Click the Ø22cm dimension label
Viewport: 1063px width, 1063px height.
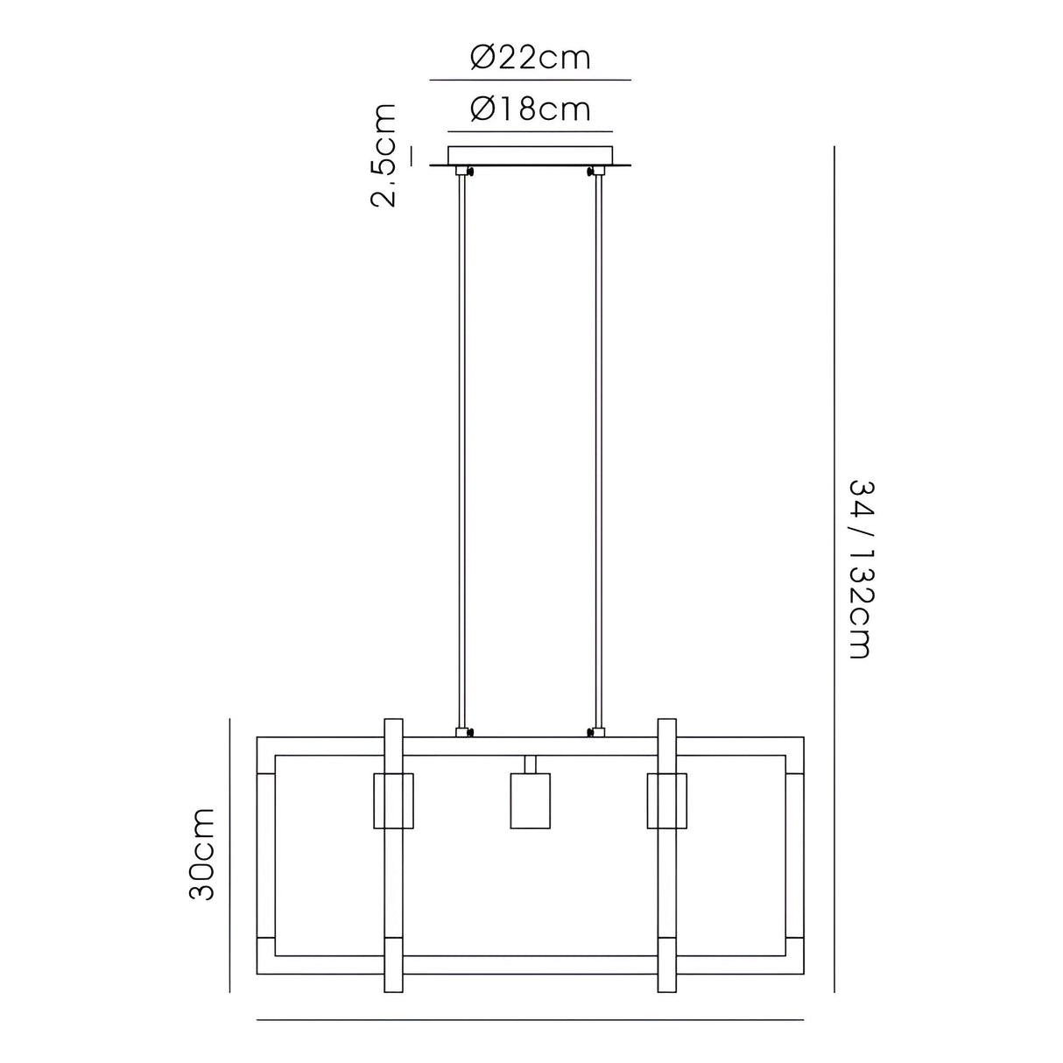[x=530, y=59]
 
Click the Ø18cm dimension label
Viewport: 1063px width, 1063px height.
[x=530, y=109]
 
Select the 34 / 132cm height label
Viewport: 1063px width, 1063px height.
[x=860, y=569]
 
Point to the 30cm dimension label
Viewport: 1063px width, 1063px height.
[x=202, y=855]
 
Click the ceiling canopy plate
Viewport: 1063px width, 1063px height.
[x=530, y=156]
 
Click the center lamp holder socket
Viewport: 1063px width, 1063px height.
[x=530, y=799]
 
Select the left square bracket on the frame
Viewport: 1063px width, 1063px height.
[x=393, y=799]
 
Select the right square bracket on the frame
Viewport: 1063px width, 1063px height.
[x=666, y=799]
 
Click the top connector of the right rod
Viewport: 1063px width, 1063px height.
[x=599, y=172]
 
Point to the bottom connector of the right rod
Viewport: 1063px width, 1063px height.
[x=599, y=731]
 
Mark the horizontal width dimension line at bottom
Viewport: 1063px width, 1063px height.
[x=530, y=1019]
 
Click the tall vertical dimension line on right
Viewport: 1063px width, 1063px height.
[x=834, y=569]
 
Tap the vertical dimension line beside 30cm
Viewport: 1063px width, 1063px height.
[x=229, y=855]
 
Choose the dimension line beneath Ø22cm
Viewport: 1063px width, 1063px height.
[x=530, y=80]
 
